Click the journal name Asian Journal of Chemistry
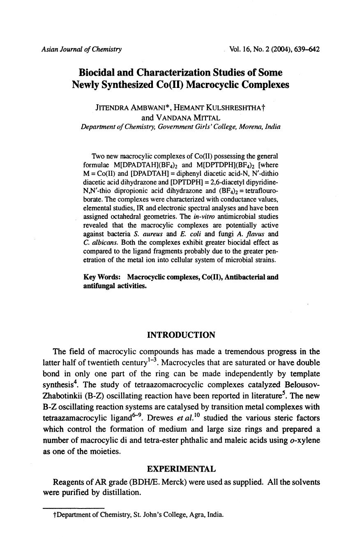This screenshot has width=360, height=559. (x=81, y=50)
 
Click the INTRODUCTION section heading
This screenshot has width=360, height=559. (x=181, y=335)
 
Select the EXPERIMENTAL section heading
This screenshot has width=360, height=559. (x=181, y=469)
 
